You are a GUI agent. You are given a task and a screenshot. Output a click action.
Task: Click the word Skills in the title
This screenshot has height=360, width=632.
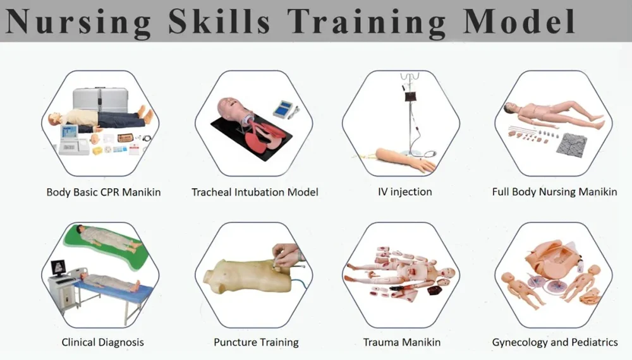219,21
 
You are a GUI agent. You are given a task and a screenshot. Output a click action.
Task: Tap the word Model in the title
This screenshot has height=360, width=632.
519,20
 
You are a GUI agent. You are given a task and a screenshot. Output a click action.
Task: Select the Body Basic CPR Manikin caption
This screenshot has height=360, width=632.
104,192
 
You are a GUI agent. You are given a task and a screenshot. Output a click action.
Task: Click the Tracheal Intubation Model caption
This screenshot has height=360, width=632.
255,192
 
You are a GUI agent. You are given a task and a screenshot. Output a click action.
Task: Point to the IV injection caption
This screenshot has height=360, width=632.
404,191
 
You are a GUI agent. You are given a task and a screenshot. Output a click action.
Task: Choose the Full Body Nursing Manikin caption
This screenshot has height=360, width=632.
554,191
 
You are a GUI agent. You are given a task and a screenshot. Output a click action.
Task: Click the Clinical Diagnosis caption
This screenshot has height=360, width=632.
102,342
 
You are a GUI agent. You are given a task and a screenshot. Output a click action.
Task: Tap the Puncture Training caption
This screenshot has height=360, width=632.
256,342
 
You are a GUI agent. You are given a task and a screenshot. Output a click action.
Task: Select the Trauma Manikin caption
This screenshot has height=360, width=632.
401,342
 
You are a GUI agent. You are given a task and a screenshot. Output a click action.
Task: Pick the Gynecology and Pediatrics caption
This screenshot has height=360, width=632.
555,342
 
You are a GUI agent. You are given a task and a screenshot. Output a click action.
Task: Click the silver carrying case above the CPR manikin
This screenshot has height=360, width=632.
100,99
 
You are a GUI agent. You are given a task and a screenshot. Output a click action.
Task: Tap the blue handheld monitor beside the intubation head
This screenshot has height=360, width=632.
284,109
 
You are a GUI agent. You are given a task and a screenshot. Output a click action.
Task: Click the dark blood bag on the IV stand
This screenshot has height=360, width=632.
410,97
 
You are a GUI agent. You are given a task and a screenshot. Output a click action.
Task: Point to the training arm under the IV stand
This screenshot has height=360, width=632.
405,159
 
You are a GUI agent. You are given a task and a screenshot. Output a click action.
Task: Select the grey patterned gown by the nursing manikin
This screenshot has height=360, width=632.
571,144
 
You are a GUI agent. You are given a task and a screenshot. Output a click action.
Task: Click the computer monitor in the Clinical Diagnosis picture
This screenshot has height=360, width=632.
59,268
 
